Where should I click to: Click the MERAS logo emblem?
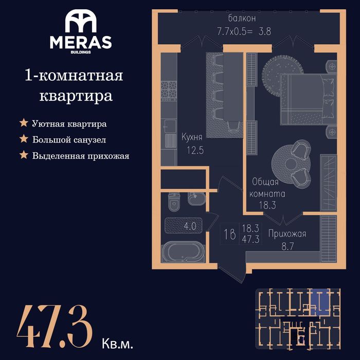click(81, 21)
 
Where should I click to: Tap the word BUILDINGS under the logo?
click(81, 52)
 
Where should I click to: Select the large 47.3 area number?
click(55, 327)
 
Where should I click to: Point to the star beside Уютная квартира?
click(24, 123)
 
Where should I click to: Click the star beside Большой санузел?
click(24, 139)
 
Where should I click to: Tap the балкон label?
click(242, 19)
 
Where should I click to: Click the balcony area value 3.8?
click(265, 31)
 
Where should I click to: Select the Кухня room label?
click(192, 137)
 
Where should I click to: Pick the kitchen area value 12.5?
click(195, 150)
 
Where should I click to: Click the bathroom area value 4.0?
click(190, 226)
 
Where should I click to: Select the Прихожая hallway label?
click(287, 234)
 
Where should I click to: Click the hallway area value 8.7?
click(287, 247)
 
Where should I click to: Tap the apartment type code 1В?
click(230, 235)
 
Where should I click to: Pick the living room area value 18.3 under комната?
click(267, 205)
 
